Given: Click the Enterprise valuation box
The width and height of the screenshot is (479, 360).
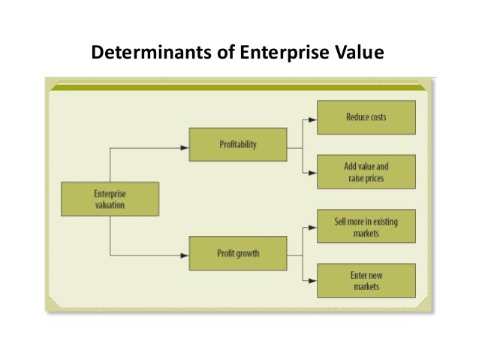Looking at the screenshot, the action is tap(109, 198).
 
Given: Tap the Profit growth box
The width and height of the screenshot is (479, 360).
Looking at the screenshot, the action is tap(237, 253).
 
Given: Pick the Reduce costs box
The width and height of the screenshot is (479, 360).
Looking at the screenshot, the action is tap(366, 118).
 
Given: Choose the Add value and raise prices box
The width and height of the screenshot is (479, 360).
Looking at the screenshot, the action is tap(366, 171).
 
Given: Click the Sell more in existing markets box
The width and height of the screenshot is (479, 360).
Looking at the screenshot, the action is tap(366, 227).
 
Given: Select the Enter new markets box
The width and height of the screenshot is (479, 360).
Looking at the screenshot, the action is tap(366, 280).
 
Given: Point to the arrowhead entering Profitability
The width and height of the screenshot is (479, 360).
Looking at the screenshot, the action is tap(185, 146).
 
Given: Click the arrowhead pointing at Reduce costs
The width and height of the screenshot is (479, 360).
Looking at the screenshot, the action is tap(313, 118).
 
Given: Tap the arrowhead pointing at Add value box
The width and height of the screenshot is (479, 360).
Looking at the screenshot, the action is tap(313, 172).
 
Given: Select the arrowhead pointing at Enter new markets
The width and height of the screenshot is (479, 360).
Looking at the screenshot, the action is tap(313, 280).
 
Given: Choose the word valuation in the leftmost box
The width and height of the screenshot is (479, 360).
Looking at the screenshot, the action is tap(110, 204).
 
